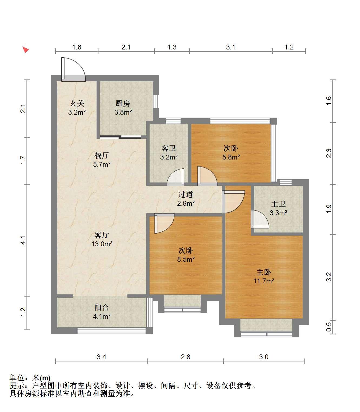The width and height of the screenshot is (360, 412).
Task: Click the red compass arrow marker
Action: point(26,49)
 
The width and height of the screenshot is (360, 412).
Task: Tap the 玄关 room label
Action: point(77,103)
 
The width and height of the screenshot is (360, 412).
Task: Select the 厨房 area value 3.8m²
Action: point(123,112)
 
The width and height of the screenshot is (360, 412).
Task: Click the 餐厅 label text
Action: point(101,155)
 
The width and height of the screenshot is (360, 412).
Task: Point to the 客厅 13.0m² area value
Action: point(102,244)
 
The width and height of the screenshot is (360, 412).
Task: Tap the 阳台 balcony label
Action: point(101,307)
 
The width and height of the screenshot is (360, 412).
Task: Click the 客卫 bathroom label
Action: point(169,148)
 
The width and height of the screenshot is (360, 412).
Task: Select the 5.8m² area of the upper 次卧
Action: point(231,157)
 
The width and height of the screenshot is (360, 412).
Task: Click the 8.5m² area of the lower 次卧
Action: point(186,259)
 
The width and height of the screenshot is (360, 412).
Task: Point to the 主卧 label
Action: point(263,272)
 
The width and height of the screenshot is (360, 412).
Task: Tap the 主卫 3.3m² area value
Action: point(278,213)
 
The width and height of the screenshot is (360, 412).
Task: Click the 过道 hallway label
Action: point(186,195)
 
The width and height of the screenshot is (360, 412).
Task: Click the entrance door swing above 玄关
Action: point(74,69)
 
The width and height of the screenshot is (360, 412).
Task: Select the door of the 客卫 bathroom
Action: point(176,177)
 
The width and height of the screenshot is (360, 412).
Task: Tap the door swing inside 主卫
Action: point(260,219)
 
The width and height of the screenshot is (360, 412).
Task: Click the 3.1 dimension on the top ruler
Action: point(231,47)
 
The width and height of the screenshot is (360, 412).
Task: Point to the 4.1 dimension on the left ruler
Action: point(23,240)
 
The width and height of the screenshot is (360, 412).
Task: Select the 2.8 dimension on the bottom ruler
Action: point(186,357)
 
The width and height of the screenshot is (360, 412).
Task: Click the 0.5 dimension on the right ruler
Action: point(329,327)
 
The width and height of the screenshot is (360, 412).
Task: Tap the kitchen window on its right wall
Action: point(156,101)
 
